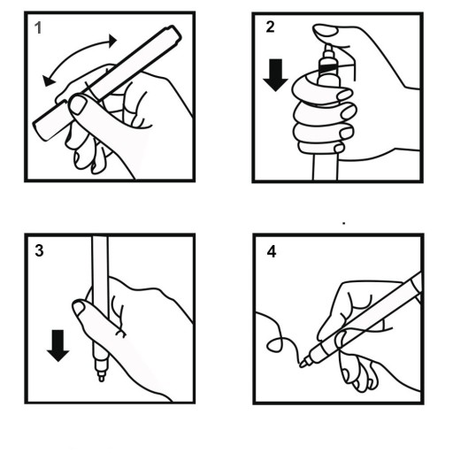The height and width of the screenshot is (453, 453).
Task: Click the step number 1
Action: click(x=38, y=28)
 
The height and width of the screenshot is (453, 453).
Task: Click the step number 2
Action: click(x=270, y=27)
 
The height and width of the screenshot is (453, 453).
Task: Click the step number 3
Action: click(x=39, y=250)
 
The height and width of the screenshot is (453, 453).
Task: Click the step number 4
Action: click(x=272, y=252)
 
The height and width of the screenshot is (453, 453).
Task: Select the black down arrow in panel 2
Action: click(x=275, y=75)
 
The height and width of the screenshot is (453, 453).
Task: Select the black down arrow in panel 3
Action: click(x=58, y=346)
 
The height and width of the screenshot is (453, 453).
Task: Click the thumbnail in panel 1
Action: click(x=78, y=105)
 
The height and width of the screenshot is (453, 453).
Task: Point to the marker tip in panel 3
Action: click(x=101, y=378)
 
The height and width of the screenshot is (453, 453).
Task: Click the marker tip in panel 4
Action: click(x=303, y=365)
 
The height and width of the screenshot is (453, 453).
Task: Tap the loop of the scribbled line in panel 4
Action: click(x=275, y=344)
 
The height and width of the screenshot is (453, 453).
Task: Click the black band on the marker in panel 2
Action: click(x=327, y=68)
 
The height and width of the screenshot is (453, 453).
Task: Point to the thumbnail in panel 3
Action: click(x=79, y=308)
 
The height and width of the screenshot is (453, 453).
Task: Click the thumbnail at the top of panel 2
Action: click(x=325, y=31)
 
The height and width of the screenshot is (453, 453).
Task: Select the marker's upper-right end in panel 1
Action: click(x=175, y=32)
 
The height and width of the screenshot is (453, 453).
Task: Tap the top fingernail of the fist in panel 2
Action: click(x=344, y=95)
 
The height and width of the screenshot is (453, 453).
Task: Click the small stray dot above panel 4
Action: click(x=344, y=224)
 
